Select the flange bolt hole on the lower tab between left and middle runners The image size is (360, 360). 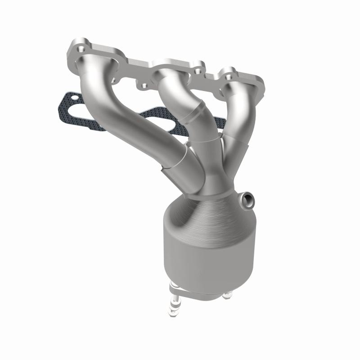point(144,85)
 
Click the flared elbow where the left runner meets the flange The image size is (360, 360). point(90,67)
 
